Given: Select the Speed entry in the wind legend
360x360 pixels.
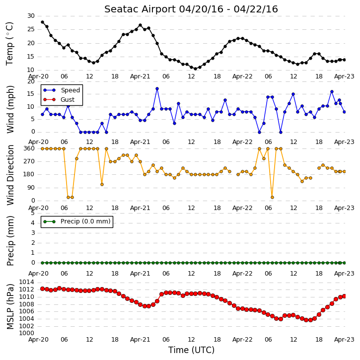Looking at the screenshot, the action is (x=70, y=90).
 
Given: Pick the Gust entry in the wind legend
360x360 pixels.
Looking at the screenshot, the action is (x=68, y=100).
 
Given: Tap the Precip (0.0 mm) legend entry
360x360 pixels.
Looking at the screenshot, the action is (x=85, y=221).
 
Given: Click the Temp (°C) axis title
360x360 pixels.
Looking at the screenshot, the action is (x=9, y=44).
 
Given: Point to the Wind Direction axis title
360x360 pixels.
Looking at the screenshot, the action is (x=10, y=175).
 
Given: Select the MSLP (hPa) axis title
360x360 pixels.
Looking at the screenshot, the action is (x=10, y=306).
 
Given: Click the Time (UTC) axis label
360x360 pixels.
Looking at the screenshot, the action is (x=191, y=350).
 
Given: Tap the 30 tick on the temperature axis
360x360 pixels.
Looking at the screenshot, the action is (x=31, y=16).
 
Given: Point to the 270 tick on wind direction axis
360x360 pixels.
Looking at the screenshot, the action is (x=29, y=161).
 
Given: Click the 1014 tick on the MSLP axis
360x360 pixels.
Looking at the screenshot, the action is (x=26, y=282).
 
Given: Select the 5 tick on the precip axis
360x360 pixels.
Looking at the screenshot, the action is (x=33, y=213).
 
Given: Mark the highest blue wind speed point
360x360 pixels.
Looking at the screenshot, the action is (x=157, y=88).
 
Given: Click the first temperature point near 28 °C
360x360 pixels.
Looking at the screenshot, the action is (x=43, y=22).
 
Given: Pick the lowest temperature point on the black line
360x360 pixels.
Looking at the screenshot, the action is (x=195, y=69).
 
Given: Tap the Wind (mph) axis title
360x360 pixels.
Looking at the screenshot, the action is (x=10, y=109).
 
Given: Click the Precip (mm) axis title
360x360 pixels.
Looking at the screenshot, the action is (x=10, y=241).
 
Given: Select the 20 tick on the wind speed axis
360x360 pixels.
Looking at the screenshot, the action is (x=31, y=81).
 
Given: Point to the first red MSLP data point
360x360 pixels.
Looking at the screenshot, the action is (x=43, y=288).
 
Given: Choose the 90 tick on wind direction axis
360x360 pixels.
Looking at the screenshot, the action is (x=31, y=188).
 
